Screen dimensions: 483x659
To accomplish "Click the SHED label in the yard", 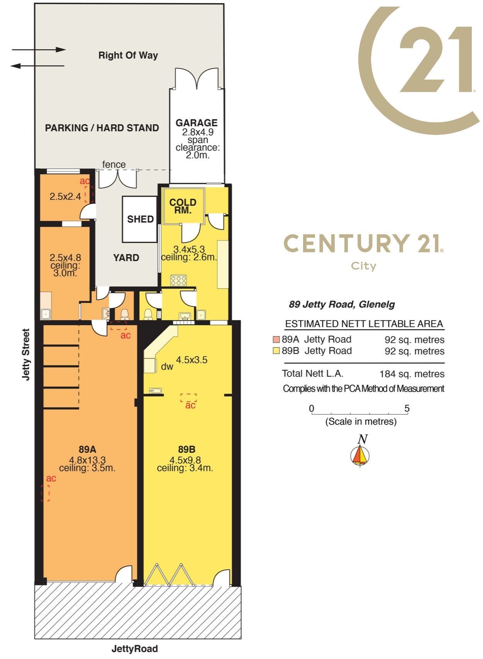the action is tap(141, 219).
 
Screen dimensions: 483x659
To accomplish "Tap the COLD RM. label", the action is tap(183, 206).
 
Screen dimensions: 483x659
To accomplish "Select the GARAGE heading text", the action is tap(197, 123).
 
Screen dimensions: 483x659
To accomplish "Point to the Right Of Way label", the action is tap(128, 55).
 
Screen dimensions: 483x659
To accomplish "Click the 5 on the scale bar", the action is tap(407, 408).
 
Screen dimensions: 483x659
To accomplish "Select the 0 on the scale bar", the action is tap(312, 408).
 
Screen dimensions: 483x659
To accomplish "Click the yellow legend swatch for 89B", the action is tap(276, 351).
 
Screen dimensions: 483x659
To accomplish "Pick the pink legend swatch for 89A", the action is tap(276, 340).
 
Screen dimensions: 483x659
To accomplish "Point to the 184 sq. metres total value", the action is tap(412, 374).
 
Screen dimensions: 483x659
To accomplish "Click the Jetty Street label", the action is tap(26, 355).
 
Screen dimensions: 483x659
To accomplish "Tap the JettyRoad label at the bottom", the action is tap(135, 649).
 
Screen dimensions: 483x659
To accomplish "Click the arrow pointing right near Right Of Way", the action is tap(39, 50).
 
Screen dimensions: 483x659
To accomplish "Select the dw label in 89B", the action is tap(167, 367).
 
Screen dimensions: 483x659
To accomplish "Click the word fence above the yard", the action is tap(114, 164).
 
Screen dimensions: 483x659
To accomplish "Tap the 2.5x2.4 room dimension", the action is tap(65, 196).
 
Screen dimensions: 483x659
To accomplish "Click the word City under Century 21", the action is tap(363, 266).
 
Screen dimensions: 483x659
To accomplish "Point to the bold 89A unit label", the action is tap(88, 449).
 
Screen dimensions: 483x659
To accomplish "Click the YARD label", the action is tap(126, 258).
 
